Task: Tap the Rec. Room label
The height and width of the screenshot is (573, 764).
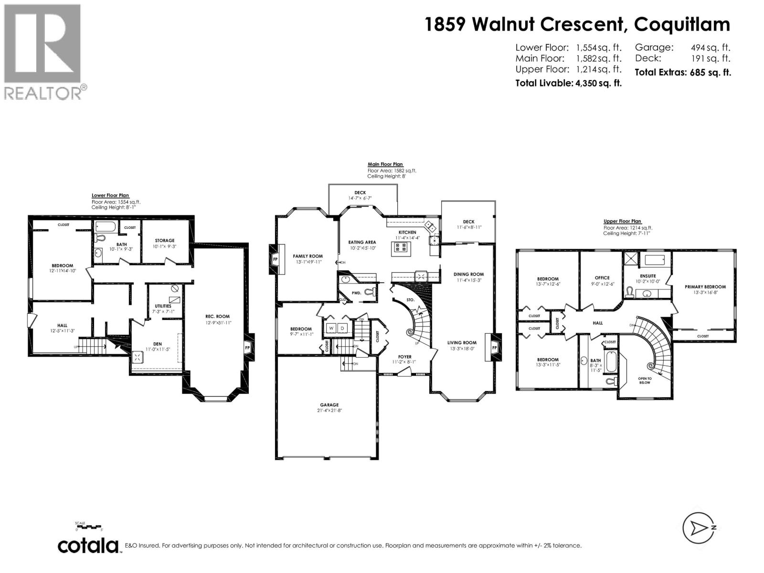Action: click(x=218, y=316)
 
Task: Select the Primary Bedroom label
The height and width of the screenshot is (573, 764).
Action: click(x=705, y=287)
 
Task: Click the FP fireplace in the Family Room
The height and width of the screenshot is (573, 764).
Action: click(x=275, y=259)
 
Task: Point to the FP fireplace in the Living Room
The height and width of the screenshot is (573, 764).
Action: click(x=495, y=347)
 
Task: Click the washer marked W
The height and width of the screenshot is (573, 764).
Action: click(x=331, y=328)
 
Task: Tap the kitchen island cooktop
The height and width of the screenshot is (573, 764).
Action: click(x=401, y=247)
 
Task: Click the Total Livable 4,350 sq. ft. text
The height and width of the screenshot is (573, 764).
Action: click(x=568, y=83)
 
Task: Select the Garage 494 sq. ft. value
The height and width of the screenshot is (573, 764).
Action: click(x=711, y=47)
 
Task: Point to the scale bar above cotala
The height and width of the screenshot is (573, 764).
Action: click(x=88, y=527)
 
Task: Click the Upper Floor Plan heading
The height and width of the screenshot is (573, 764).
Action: click(x=622, y=222)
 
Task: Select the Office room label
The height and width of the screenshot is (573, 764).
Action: click(x=602, y=278)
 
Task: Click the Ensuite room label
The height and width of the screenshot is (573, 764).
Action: click(x=648, y=276)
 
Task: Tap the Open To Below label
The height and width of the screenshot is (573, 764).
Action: click(x=644, y=381)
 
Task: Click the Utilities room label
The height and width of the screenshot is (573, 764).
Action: click(x=163, y=306)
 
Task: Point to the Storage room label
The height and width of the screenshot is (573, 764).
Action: click(x=164, y=241)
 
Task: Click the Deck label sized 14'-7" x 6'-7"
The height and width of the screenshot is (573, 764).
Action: click(x=360, y=193)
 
